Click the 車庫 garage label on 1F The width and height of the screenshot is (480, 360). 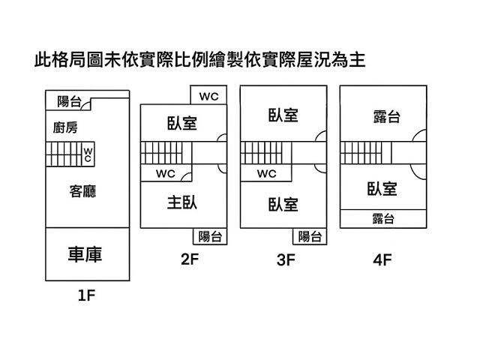85,254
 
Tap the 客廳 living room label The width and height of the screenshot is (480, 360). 82,192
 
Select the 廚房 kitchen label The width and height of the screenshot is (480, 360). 65,127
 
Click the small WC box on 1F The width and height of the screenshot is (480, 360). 88,154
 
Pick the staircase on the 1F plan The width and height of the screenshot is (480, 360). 63,155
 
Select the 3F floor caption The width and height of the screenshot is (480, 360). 286,261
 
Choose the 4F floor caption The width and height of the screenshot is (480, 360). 382,261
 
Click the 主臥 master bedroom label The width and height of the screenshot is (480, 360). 182,202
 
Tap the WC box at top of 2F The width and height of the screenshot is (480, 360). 208,96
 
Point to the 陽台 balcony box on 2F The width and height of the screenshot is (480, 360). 210,237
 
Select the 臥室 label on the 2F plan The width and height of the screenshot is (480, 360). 182,123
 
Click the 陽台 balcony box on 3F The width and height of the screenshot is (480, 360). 310,237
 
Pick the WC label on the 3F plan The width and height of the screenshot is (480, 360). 267,174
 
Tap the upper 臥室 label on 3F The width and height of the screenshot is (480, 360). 283,115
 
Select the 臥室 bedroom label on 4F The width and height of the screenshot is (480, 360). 382,189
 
